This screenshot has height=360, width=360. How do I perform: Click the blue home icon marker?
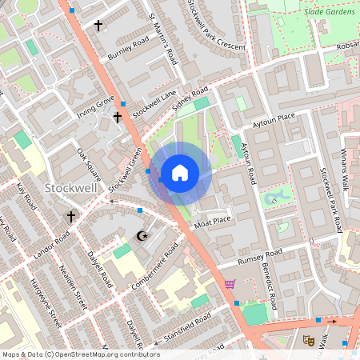180,172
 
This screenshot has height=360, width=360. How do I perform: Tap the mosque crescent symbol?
144,236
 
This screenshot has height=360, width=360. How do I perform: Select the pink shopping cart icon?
230,283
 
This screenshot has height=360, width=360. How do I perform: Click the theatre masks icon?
308,340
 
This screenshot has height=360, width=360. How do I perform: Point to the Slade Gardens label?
326,12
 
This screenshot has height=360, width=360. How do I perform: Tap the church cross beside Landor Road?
70,217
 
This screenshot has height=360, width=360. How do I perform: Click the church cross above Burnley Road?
98,26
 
